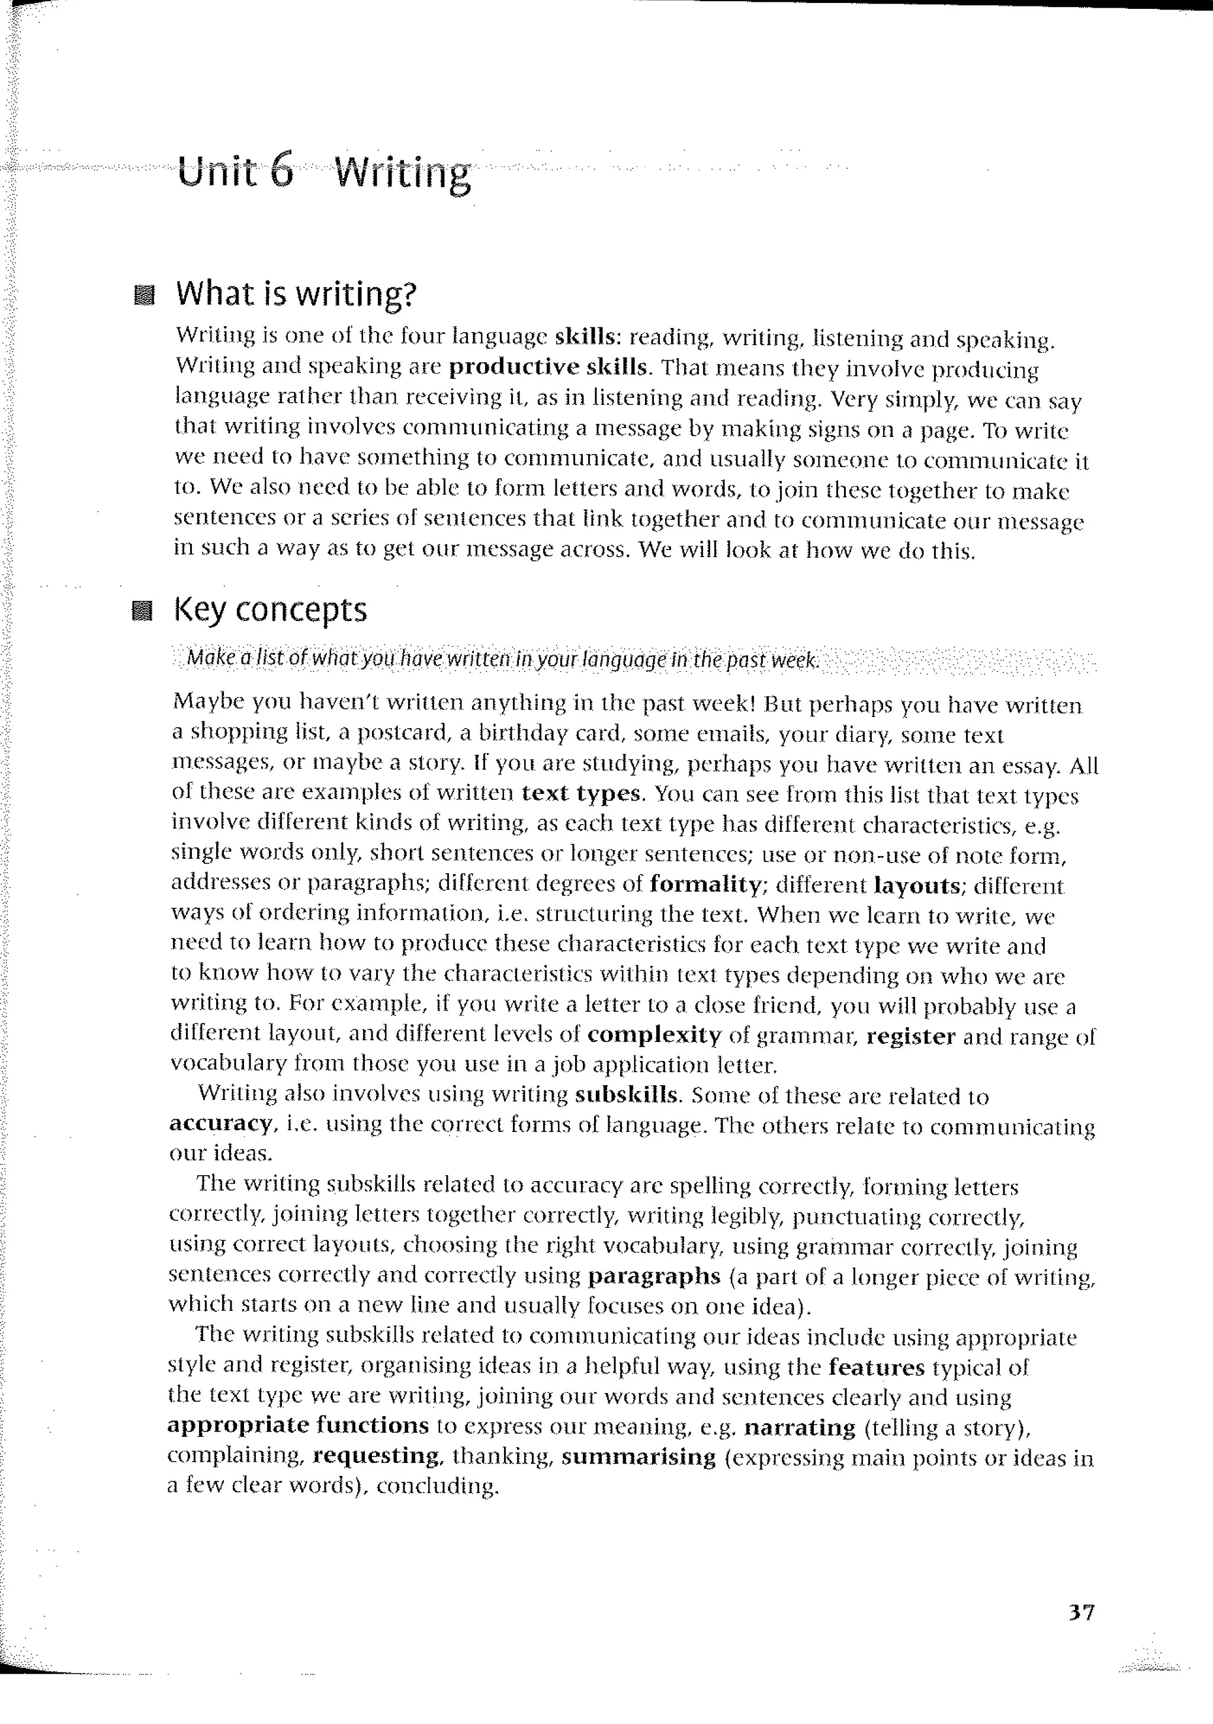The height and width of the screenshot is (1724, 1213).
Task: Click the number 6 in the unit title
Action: point(280,172)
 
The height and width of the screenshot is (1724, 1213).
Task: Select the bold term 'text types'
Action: point(582,794)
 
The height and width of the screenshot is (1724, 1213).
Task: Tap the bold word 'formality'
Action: point(706,884)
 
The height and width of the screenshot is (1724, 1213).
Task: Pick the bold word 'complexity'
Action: point(654,1036)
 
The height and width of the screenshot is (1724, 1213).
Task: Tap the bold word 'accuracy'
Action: point(220,1124)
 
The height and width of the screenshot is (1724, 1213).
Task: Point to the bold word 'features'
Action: point(877,1368)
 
